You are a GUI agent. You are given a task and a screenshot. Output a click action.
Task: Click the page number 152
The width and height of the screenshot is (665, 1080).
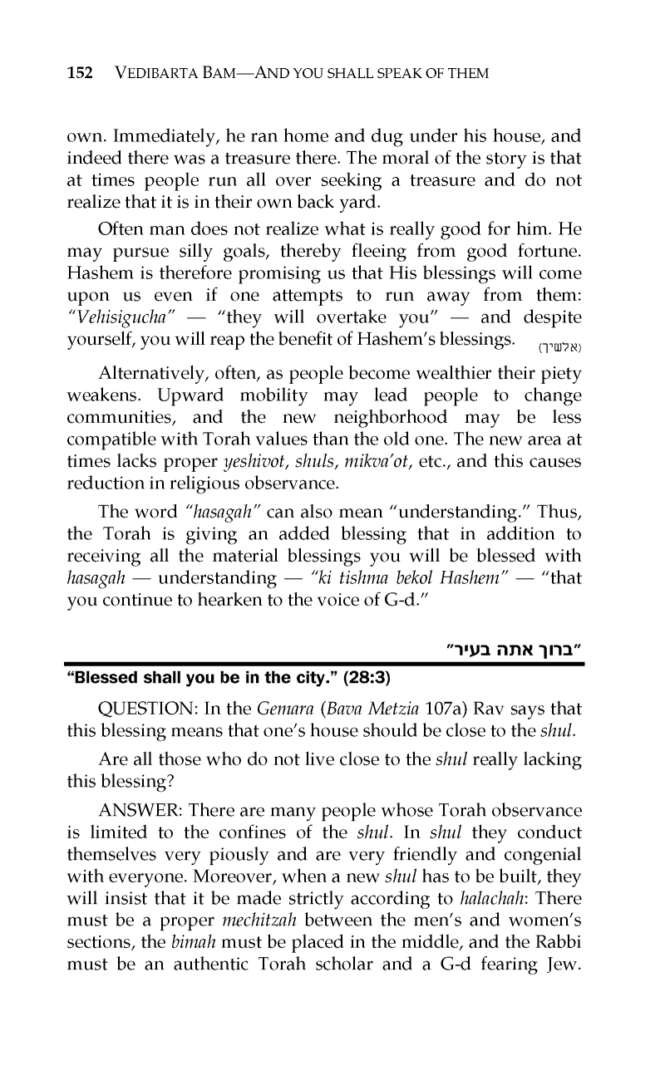78,74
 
